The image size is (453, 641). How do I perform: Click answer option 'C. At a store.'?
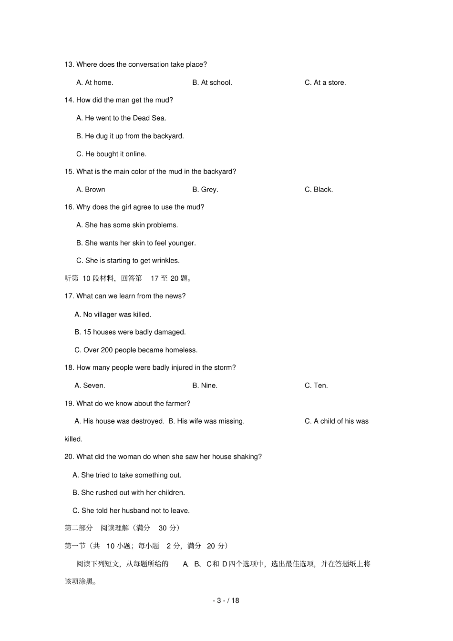[325, 82]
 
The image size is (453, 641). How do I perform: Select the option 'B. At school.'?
[212, 82]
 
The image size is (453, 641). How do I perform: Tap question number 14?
[69, 100]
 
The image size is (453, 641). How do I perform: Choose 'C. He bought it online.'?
[111, 154]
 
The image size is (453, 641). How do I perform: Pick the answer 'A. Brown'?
[91, 189]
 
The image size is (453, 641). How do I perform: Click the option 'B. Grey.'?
[205, 189]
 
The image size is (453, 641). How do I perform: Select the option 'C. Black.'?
[319, 189]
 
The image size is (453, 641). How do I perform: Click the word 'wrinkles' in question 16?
[165, 260]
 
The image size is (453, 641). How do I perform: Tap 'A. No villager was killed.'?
[113, 315]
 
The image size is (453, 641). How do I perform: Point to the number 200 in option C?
[107, 350]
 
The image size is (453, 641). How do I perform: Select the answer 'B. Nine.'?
[205, 386]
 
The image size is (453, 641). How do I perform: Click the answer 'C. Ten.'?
[316, 386]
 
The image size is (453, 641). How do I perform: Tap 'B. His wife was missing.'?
[206, 421]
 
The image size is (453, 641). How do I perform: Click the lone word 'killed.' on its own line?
[73, 439]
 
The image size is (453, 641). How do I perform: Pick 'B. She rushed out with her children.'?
[129, 493]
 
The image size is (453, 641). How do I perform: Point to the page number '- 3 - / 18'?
[226, 600]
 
